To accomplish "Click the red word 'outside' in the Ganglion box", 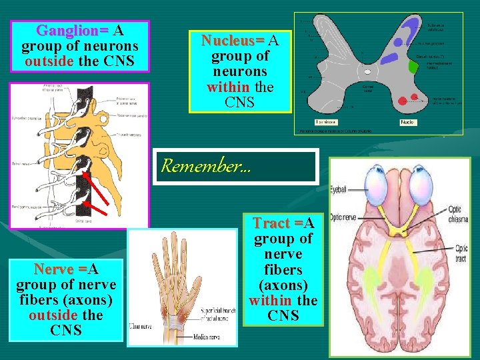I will tap(47, 62).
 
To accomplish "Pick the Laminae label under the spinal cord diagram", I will tap(327, 122).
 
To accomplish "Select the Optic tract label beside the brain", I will tap(461, 253).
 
